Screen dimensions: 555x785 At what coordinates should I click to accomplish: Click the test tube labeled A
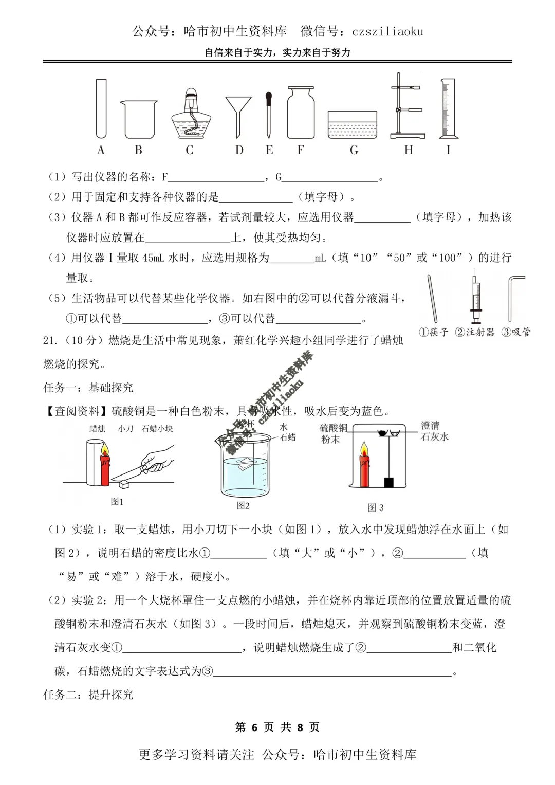[101, 108]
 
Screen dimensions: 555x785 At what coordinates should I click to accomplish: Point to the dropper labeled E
[269, 114]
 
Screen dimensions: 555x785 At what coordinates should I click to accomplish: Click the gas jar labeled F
[301, 113]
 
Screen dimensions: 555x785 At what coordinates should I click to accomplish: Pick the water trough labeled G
[353, 125]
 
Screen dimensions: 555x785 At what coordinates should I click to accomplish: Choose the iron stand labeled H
[408, 106]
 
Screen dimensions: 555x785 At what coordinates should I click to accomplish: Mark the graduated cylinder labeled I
[448, 108]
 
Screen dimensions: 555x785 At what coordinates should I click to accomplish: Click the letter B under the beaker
[138, 150]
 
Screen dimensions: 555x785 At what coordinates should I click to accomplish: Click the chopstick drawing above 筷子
[432, 298]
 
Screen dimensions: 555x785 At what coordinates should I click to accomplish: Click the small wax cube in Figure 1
[124, 484]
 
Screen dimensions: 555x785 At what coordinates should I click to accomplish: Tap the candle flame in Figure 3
[364, 449]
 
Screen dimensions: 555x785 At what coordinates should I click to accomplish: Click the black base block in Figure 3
[389, 482]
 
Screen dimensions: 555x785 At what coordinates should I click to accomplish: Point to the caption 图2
[243, 505]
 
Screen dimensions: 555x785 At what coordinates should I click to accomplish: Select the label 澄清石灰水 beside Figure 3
[435, 431]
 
